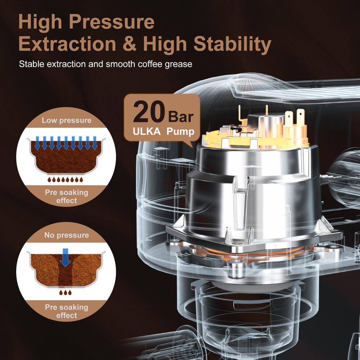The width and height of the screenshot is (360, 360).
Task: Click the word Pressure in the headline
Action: point(111,22)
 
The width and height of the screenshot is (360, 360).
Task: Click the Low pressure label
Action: point(67,120)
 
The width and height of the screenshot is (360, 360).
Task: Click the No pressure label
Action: point(67,235)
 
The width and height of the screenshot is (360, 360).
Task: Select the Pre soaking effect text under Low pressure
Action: point(67,196)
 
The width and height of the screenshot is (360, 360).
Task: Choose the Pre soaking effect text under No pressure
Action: point(67,311)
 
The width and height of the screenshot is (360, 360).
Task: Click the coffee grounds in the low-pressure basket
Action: point(66,158)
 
